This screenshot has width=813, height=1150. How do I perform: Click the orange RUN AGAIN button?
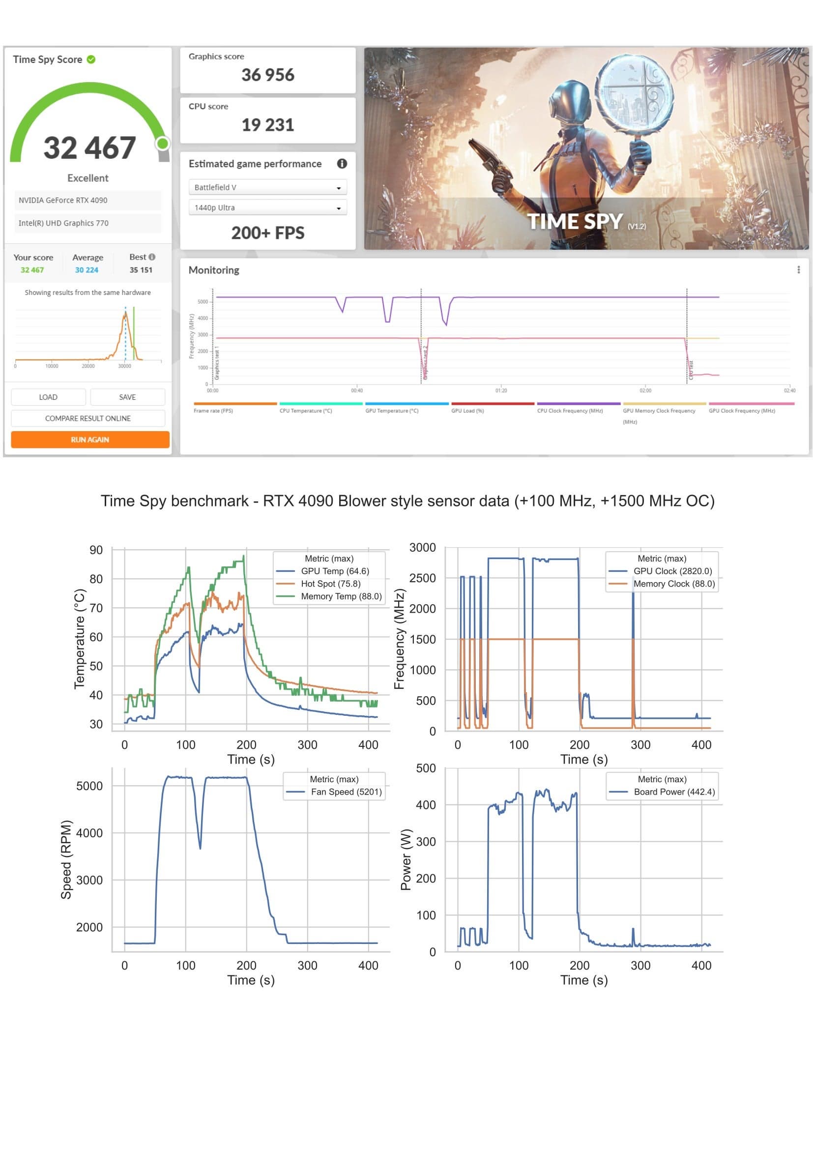point(90,439)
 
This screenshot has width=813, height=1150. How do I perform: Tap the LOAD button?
point(48,397)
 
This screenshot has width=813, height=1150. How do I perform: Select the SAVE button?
point(127,397)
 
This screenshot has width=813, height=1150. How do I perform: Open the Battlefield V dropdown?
point(267,187)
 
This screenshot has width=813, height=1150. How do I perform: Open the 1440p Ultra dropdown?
point(267,207)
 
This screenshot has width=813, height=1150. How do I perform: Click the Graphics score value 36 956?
point(268,75)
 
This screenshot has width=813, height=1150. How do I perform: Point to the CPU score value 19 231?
point(268,125)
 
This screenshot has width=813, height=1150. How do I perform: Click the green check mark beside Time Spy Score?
point(91,59)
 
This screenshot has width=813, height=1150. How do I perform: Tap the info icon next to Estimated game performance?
point(342,164)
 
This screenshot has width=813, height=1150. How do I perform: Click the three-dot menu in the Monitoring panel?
point(798,270)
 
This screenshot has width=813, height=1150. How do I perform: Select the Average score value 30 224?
point(87,270)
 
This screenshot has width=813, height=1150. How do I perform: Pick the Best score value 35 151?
point(141,270)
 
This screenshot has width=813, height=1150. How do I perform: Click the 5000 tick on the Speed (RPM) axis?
point(89,786)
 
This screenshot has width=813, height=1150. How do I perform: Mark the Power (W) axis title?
point(406,859)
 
